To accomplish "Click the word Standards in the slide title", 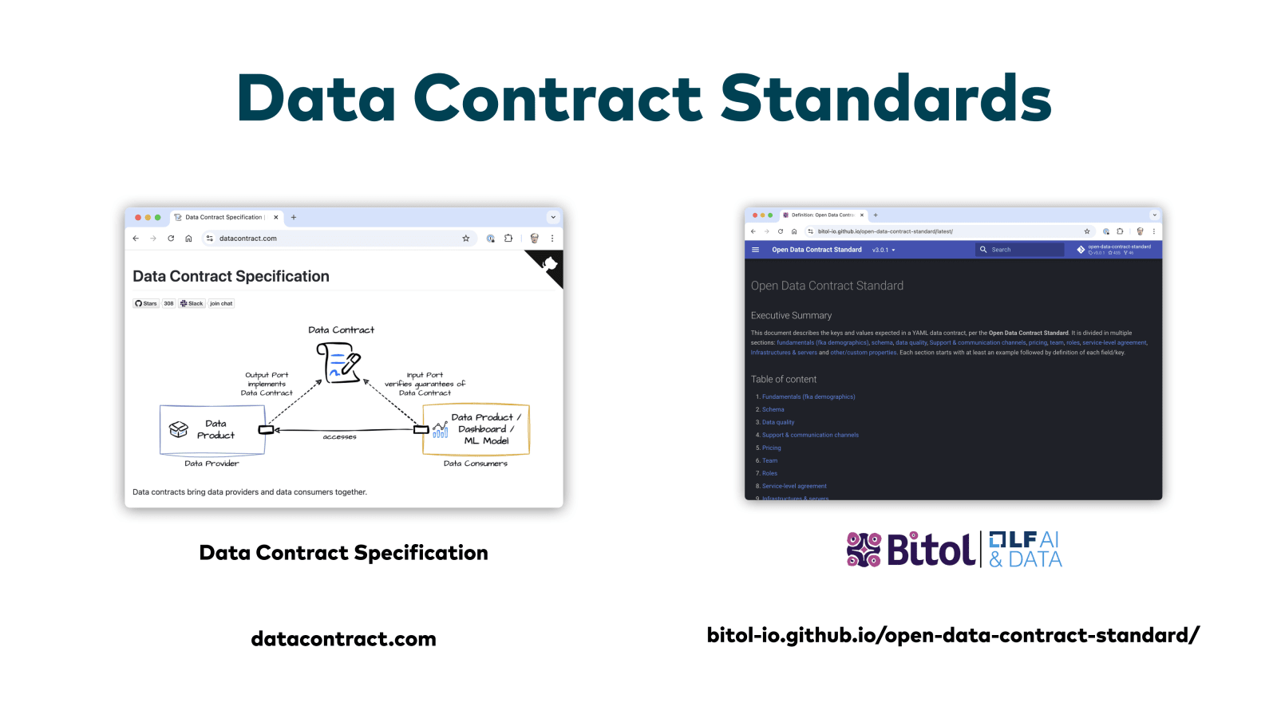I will click(x=886, y=99).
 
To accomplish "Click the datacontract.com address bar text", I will click(x=248, y=239).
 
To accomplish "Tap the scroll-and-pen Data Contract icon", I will click(x=338, y=362).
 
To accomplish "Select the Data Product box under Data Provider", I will click(x=212, y=429).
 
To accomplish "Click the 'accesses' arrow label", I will click(x=339, y=437).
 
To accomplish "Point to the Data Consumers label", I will click(x=475, y=464).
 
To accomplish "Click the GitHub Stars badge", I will click(x=146, y=303).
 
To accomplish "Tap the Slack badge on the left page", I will click(x=192, y=303).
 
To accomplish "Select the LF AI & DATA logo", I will click(x=1026, y=550).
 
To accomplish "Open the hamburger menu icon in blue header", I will click(x=755, y=250).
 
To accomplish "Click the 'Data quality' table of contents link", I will click(x=778, y=422).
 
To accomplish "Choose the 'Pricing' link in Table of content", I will click(x=771, y=448).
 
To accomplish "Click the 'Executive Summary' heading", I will click(x=791, y=316).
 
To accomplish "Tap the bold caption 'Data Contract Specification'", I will click(x=343, y=553).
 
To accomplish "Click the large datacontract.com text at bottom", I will click(x=343, y=639).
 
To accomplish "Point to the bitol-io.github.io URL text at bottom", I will click(x=953, y=635).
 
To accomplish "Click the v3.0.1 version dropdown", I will click(x=884, y=250).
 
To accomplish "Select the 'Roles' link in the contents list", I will click(x=769, y=473).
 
